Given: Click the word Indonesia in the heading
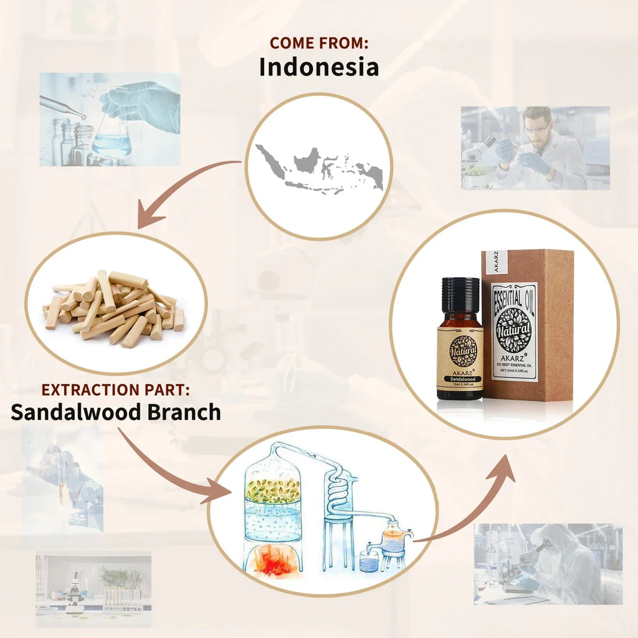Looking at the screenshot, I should click(318, 67).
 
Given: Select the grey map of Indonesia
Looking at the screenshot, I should click(319, 166).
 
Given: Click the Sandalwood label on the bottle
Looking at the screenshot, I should click(460, 378).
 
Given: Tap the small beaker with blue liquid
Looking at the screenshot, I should click(369, 561).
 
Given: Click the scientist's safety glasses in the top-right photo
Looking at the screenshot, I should click(537, 128).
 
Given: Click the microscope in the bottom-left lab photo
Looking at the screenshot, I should click(75, 589).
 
